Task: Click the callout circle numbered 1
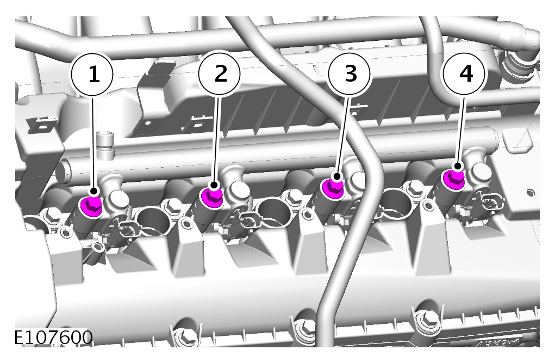(x=92, y=75)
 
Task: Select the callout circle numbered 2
(x=220, y=73)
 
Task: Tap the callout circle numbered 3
(x=350, y=73)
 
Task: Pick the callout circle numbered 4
(x=465, y=73)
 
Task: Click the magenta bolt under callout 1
(x=92, y=206)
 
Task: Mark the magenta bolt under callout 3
(x=332, y=188)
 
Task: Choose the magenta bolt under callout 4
(x=454, y=179)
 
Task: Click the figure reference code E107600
(x=53, y=338)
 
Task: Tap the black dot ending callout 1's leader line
(x=94, y=191)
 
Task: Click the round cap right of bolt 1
(x=118, y=201)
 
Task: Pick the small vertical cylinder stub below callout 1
(x=105, y=146)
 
